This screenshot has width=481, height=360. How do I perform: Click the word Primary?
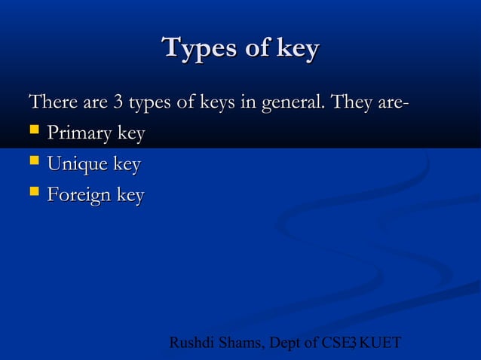79,134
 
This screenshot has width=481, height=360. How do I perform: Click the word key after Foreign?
129,196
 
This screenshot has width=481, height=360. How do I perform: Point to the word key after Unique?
125,164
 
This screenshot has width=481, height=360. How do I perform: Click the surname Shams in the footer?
239,343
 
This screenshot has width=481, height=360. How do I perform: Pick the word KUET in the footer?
381,343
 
